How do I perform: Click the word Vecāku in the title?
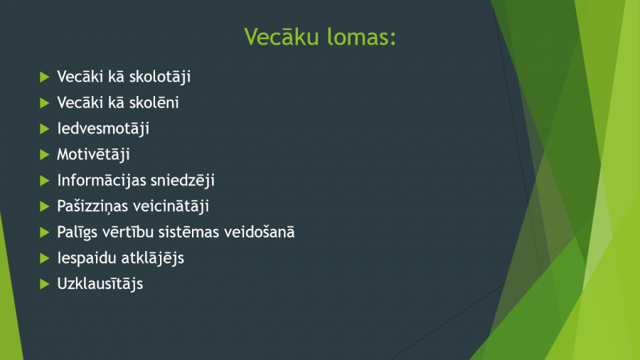click(x=282, y=37)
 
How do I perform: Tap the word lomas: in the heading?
click(x=362, y=37)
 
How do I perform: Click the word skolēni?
click(x=154, y=103)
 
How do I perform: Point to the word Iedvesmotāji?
click(x=103, y=129)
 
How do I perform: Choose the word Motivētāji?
click(x=93, y=154)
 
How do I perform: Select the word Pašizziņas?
click(x=93, y=206)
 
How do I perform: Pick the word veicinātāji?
click(x=172, y=206)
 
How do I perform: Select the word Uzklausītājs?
click(x=100, y=284)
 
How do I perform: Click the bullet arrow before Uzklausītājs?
click(x=45, y=284)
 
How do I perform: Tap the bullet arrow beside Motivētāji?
click(x=45, y=154)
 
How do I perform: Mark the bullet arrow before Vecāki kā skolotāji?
click(x=45, y=77)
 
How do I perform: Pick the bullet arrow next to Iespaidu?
click(x=45, y=258)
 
